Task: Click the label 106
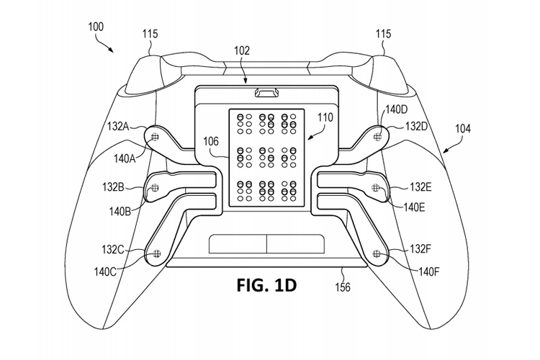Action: pyautogui.click(x=210, y=141)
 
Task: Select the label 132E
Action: pyautogui.click(x=420, y=187)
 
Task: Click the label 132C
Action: pyautogui.click(x=113, y=250)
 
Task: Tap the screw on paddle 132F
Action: pyautogui.click(x=377, y=252)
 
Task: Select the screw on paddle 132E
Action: pyautogui.click(x=375, y=188)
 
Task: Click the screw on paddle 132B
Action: pyautogui.click(x=153, y=189)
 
